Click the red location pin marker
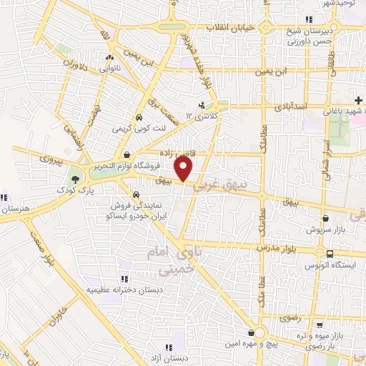point(184,169)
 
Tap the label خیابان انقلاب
point(231,27)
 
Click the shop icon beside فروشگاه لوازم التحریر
point(127,154)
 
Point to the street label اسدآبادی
point(291,106)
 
